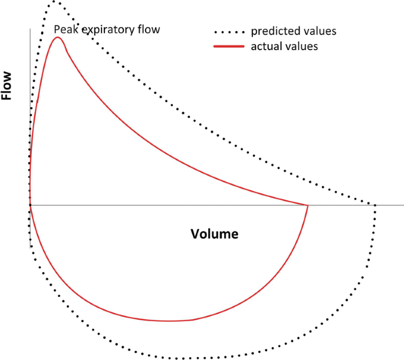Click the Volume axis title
(x=215, y=234)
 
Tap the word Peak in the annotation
(x=65, y=29)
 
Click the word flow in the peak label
(x=149, y=29)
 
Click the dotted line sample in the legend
(x=230, y=30)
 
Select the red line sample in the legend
(x=230, y=47)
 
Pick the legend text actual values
(x=284, y=47)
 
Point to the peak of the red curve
(x=58, y=38)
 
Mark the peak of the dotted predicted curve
(x=54, y=2)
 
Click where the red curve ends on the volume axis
(x=308, y=205)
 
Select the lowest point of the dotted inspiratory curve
(x=183, y=358)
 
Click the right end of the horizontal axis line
(x=403, y=205)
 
